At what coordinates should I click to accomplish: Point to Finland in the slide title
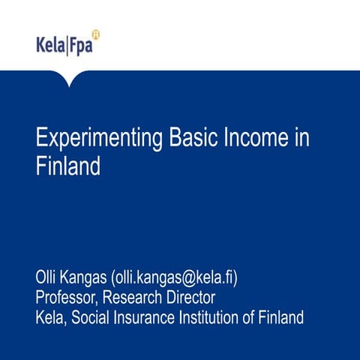click(68, 166)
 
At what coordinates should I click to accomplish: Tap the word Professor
click(69, 298)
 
